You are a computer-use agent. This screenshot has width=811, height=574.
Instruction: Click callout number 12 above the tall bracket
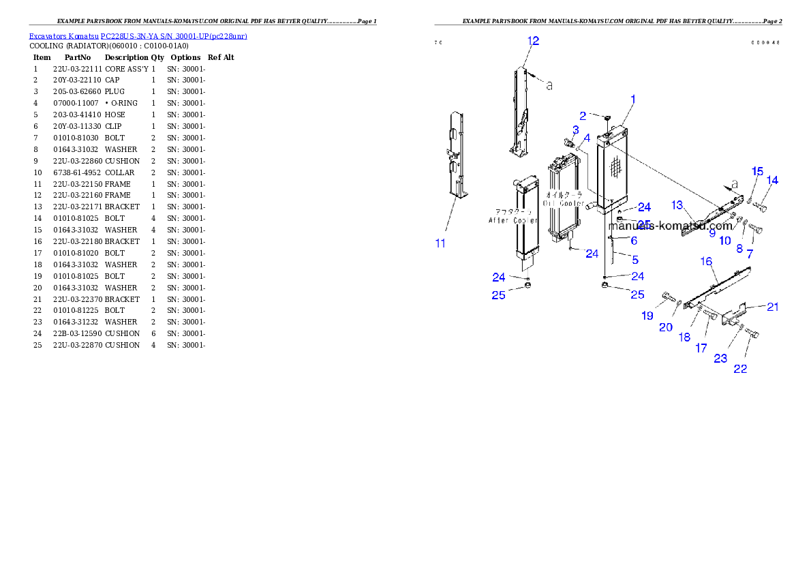pyautogui.click(x=533, y=41)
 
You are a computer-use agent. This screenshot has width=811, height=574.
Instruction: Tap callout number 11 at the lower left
pyautogui.click(x=440, y=243)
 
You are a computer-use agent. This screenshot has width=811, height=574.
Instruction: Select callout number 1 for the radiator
pyautogui.click(x=632, y=100)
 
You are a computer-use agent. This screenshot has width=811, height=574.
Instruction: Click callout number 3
pyautogui.click(x=576, y=130)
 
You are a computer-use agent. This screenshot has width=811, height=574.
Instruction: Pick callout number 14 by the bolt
pyautogui.click(x=772, y=181)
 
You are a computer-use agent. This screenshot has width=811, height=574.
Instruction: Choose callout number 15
pyautogui.click(x=757, y=170)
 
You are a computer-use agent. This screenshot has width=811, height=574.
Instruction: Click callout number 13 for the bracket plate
pyautogui.click(x=677, y=205)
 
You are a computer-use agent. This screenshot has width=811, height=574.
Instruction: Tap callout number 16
pyautogui.click(x=706, y=261)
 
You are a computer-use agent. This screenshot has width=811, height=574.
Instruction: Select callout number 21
pyautogui.click(x=772, y=307)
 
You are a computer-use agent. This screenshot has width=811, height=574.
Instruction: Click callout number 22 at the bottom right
pyautogui.click(x=740, y=369)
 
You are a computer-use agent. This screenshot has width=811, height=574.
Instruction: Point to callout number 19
pyautogui.click(x=647, y=316)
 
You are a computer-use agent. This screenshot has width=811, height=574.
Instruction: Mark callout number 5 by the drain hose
pyautogui.click(x=635, y=260)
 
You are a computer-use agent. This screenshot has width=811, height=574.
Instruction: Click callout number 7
pyautogui.click(x=750, y=254)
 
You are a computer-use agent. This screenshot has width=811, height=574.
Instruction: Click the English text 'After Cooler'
pyautogui.click(x=513, y=220)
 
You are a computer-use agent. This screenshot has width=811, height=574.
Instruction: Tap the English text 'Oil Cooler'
pyautogui.click(x=563, y=203)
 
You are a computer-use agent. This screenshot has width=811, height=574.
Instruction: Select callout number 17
pyautogui.click(x=701, y=348)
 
